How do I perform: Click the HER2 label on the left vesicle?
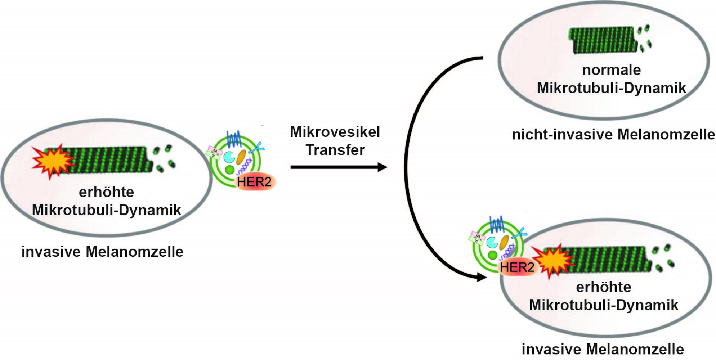tap(254, 182)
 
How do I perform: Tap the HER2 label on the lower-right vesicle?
tap(517, 267)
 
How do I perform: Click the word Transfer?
tap(335, 150)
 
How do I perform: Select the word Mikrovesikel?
tap(335, 132)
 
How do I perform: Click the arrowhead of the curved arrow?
tap(482, 277)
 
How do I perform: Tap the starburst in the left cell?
tap(53, 161)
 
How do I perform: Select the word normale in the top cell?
tap(612, 70)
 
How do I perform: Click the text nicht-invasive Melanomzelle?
tap(613, 135)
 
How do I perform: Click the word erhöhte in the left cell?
tap(107, 192)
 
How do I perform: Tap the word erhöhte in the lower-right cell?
tap(604, 287)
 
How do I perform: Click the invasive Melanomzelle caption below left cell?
tap(103, 252)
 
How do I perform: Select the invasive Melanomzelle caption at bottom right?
tap(603, 349)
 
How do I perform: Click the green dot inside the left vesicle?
tap(229, 170)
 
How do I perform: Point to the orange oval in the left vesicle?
tap(241, 157)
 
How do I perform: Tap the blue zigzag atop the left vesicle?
tap(234, 139)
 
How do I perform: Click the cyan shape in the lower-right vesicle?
tap(492, 242)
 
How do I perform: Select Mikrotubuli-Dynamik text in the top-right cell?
tap(612, 88)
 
